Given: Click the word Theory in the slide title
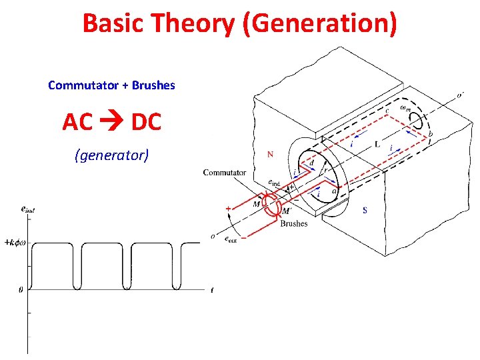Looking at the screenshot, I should pos(194,24).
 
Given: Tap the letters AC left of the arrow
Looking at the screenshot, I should pos(77,122).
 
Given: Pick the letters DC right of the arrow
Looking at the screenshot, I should pos(147,122).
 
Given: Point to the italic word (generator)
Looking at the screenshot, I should pos(112,155).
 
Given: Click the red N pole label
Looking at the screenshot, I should pos(270,155).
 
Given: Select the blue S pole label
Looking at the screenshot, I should pos(365,211).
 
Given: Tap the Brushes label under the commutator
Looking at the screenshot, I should pos(294,224).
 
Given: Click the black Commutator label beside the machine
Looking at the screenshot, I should pos(225,173).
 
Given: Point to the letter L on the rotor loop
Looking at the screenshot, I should pos(377,145).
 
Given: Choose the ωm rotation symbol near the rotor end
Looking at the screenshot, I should pos(404,107).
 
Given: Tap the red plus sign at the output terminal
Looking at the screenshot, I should pos(228,209).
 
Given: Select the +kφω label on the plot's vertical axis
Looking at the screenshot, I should pos(14,243).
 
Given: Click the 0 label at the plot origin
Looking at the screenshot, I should pos(20,289).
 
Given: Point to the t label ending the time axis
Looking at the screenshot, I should pos(211,289).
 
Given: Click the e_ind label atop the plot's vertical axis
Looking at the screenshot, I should pos(28,209).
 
